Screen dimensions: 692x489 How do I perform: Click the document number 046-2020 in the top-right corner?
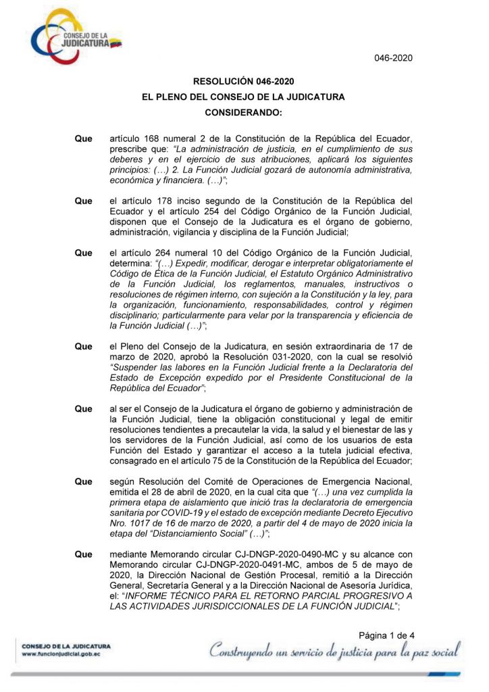tap(393, 58)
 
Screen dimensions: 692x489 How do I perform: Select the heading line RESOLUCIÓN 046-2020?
tap(243, 82)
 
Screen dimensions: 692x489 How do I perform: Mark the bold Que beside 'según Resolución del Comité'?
tap(84, 481)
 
